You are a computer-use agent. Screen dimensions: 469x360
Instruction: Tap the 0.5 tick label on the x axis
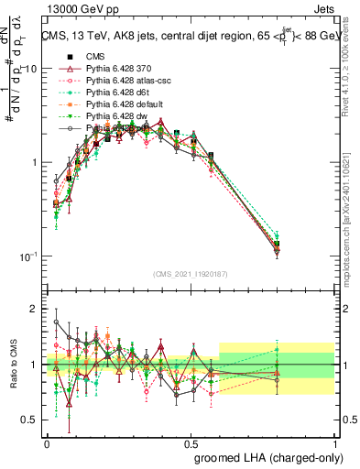(191, 441)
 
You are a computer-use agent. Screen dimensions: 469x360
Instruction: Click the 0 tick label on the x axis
(48, 441)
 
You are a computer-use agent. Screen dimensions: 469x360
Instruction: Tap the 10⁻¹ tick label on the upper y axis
(28, 256)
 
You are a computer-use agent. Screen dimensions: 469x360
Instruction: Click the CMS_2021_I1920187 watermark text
(191, 275)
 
